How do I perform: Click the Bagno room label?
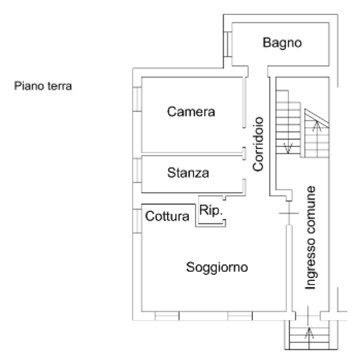(282, 43)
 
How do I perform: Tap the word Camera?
(191, 112)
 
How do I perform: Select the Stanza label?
(188, 173)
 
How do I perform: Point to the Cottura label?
(167, 216)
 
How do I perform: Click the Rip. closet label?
(211, 211)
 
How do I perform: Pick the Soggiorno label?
(217, 267)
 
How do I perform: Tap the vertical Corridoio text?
(258, 144)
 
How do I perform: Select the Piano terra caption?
(43, 87)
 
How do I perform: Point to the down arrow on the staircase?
(288, 145)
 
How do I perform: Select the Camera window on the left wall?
(137, 99)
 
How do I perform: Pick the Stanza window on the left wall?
(137, 169)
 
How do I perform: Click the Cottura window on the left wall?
(137, 221)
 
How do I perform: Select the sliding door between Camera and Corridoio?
(243, 103)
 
